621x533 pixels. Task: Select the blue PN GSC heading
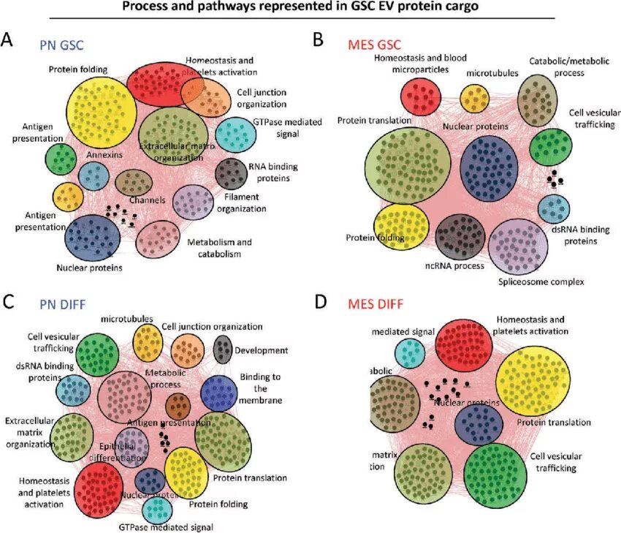point(61,45)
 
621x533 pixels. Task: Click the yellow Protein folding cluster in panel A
point(102,111)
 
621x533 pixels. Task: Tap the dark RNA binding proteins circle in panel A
point(232,174)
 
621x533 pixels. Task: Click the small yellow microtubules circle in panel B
point(474,98)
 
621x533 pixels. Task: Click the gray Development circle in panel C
point(223,347)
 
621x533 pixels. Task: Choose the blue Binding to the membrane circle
point(218,393)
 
